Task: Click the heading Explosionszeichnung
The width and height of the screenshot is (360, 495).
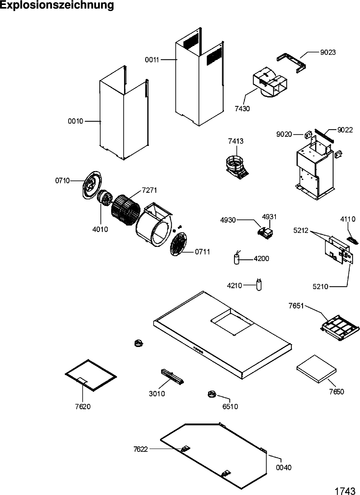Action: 57,5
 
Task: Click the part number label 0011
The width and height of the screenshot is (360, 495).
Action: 152,59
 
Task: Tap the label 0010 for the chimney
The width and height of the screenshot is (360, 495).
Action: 76,121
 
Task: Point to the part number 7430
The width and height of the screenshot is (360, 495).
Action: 242,109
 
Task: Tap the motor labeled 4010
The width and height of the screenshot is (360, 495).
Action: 105,198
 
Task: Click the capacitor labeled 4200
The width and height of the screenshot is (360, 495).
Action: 237,259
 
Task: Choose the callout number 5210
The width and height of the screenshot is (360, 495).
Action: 320,287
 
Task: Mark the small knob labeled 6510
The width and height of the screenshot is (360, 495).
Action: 211,394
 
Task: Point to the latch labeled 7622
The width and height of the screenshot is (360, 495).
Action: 185,449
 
